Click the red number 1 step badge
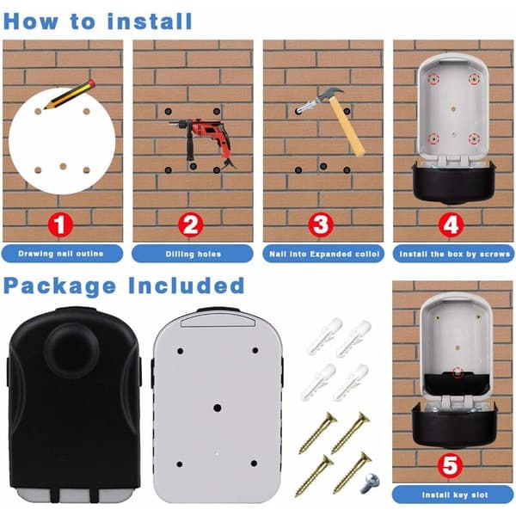(60, 225)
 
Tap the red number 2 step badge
(190, 225)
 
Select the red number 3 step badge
(321, 225)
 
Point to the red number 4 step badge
(451, 225)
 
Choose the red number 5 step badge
(450, 465)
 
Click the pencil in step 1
(70, 94)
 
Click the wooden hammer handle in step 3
(347, 126)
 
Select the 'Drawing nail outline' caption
(61, 254)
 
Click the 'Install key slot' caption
(455, 494)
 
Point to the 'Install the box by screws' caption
(455, 254)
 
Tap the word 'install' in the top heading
(150, 21)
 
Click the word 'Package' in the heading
(59, 286)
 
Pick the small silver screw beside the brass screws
(370, 482)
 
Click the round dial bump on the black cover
(71, 351)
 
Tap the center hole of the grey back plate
(218, 408)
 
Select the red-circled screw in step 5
(458, 372)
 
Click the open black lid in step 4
(454, 183)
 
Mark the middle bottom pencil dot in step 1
(63, 166)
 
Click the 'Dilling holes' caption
(193, 254)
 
